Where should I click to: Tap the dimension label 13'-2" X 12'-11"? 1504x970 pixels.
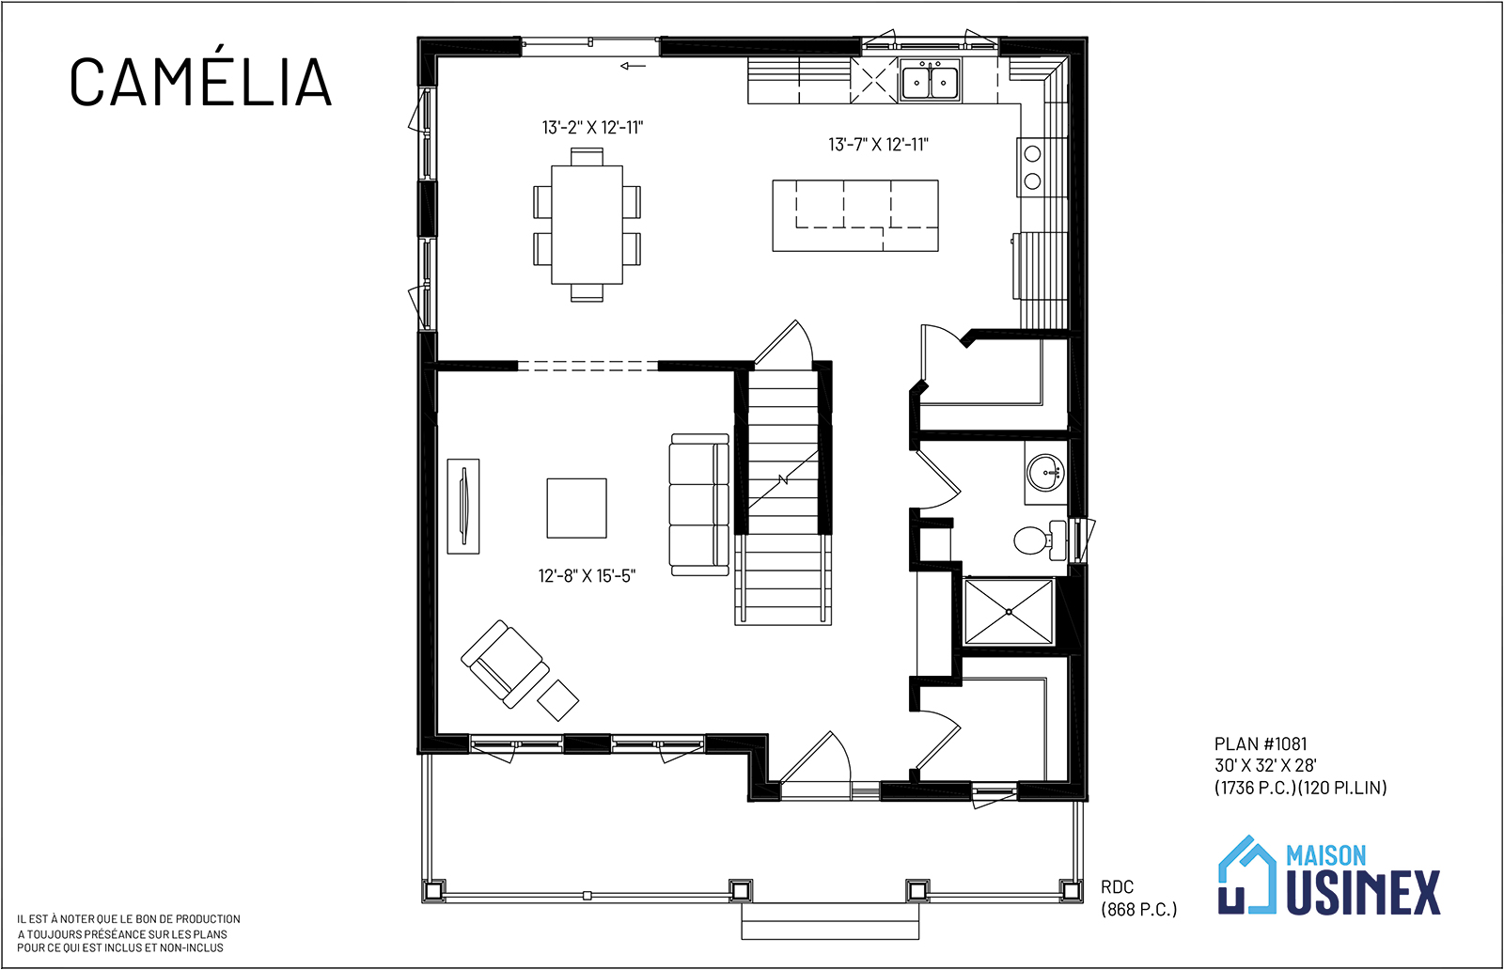coord(593,127)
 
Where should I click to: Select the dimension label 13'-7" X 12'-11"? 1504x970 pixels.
coord(878,145)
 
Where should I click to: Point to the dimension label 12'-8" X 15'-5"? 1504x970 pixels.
coord(587,576)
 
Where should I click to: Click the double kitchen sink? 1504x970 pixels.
coord(930,81)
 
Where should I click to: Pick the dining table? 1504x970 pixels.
coord(587,225)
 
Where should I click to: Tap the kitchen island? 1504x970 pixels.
coord(855,215)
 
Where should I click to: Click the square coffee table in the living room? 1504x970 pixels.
coord(577,508)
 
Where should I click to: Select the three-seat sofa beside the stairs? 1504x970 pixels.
coord(699,505)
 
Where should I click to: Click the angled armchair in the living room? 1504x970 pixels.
coord(505,664)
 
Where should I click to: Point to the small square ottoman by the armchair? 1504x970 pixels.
coord(558,700)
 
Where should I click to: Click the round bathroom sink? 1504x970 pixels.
coord(1045,473)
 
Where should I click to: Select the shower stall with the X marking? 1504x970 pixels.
coord(1009,612)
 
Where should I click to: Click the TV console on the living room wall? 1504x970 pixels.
coord(463,506)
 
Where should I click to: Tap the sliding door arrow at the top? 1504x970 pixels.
coord(634,66)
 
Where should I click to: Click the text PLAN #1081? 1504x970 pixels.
coord(1261,743)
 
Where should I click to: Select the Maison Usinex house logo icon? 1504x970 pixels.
coord(1246,875)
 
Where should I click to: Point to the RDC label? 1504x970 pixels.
coord(1118,886)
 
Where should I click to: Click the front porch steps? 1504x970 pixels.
coord(830,921)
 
